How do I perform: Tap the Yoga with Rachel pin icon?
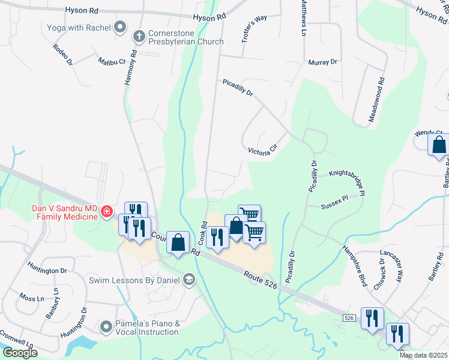120,27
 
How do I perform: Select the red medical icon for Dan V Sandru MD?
106,211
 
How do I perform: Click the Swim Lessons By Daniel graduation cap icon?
189,280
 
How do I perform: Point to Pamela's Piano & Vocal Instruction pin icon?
106,326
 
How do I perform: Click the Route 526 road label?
261,280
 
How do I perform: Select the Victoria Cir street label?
264,149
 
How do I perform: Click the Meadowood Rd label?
376,99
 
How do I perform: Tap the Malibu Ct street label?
112,61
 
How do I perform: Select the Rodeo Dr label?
62,54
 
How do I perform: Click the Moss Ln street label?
32,298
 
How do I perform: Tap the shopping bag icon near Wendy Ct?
439,145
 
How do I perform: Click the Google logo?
20,353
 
